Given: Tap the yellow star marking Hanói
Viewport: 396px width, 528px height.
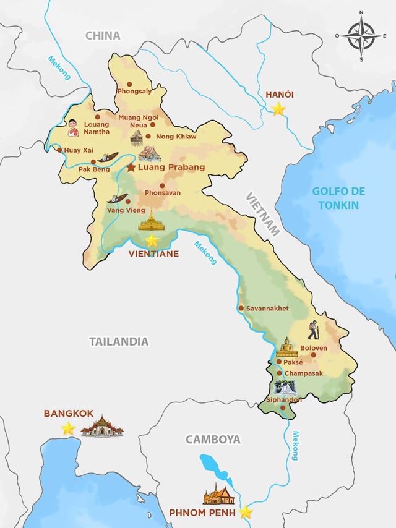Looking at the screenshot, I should (279, 109).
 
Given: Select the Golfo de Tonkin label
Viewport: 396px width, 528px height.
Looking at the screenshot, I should (335, 198).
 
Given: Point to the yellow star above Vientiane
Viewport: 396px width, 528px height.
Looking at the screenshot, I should (152, 241).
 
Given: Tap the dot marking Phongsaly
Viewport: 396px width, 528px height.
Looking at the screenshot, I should (129, 84).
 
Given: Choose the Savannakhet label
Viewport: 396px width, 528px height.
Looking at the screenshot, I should (267, 309).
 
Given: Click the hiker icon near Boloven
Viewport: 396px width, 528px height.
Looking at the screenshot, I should (314, 330).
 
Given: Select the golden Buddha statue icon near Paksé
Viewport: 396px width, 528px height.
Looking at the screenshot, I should (286, 347).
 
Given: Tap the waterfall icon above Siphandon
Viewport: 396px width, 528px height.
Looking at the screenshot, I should (285, 388).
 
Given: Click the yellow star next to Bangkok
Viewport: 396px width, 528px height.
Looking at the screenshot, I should (68, 428).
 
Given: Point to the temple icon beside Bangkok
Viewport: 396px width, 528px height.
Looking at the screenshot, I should (102, 427).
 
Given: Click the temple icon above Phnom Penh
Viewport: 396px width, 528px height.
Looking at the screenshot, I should (218, 494).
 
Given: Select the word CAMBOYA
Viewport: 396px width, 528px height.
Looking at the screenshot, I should (213, 440).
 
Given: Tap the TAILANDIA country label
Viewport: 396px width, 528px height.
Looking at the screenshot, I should (119, 341).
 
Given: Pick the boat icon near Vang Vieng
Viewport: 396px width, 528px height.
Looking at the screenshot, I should (118, 198).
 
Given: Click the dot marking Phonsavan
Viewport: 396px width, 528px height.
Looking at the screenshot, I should (162, 185).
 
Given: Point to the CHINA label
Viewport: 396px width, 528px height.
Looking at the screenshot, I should (103, 36).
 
